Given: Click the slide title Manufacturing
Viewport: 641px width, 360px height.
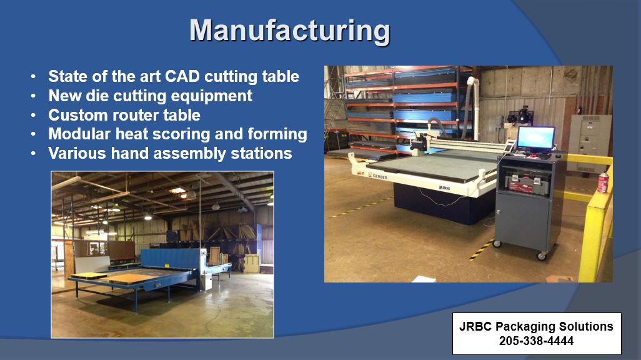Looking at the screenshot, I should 290,29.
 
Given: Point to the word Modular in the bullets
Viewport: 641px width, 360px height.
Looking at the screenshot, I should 79,134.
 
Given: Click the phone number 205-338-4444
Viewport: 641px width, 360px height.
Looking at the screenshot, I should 537,341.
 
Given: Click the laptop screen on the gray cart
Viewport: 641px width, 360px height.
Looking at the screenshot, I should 535,138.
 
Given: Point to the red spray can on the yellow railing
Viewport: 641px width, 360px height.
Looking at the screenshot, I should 604,182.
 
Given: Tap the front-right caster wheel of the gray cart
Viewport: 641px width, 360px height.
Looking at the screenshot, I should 542,255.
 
